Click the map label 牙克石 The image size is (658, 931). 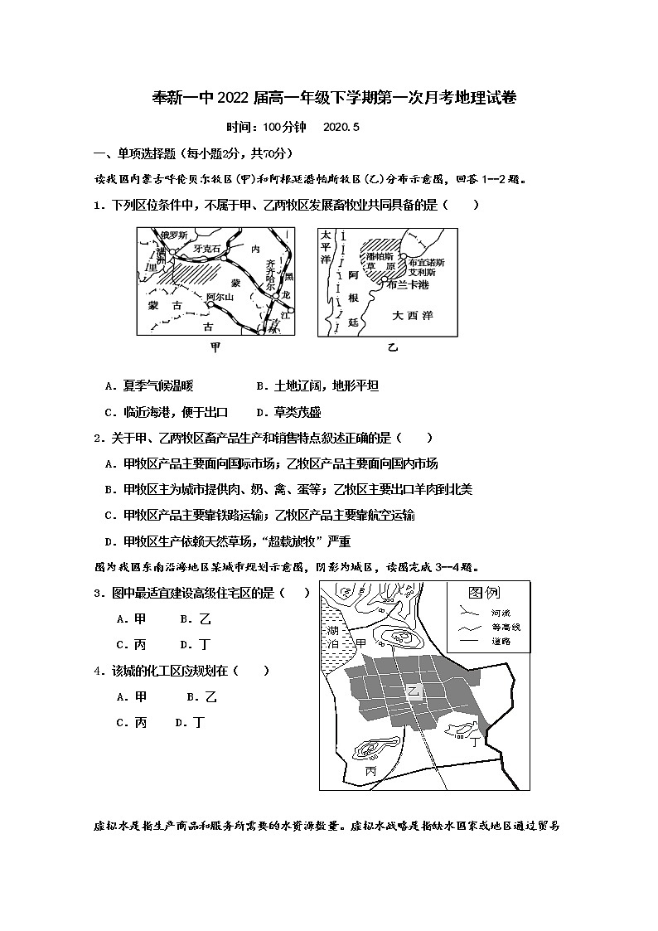(x=206, y=249)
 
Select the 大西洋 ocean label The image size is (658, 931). (x=413, y=315)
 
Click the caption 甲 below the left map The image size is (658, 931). (x=216, y=347)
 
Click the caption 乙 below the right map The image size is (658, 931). (x=393, y=347)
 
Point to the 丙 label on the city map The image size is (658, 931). (x=370, y=771)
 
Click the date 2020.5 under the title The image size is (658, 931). (x=341, y=128)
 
